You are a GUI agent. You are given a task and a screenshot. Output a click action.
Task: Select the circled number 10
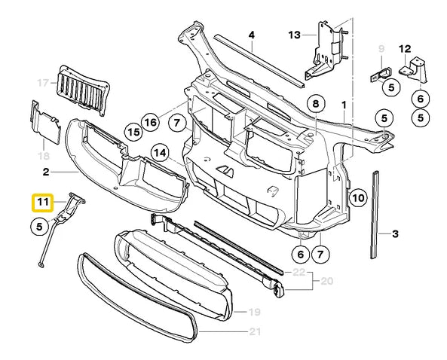coord(357,199)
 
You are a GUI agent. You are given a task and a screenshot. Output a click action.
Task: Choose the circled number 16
coord(151,121)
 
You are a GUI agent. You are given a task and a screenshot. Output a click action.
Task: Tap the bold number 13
coord(293,35)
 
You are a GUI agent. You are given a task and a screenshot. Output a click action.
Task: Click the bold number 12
coord(405,50)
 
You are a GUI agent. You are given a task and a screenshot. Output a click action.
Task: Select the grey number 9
coord(381,50)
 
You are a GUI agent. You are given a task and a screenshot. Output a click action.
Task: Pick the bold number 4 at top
coord(251,35)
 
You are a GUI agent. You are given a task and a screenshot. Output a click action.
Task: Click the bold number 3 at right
coord(393,234)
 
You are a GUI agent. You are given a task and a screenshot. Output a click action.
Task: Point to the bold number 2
coord(45,172)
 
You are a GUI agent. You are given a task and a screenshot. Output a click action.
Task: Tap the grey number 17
coord(42,82)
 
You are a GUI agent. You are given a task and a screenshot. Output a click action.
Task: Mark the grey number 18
coord(42,155)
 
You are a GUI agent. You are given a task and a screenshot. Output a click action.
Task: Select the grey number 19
coord(253,311)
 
